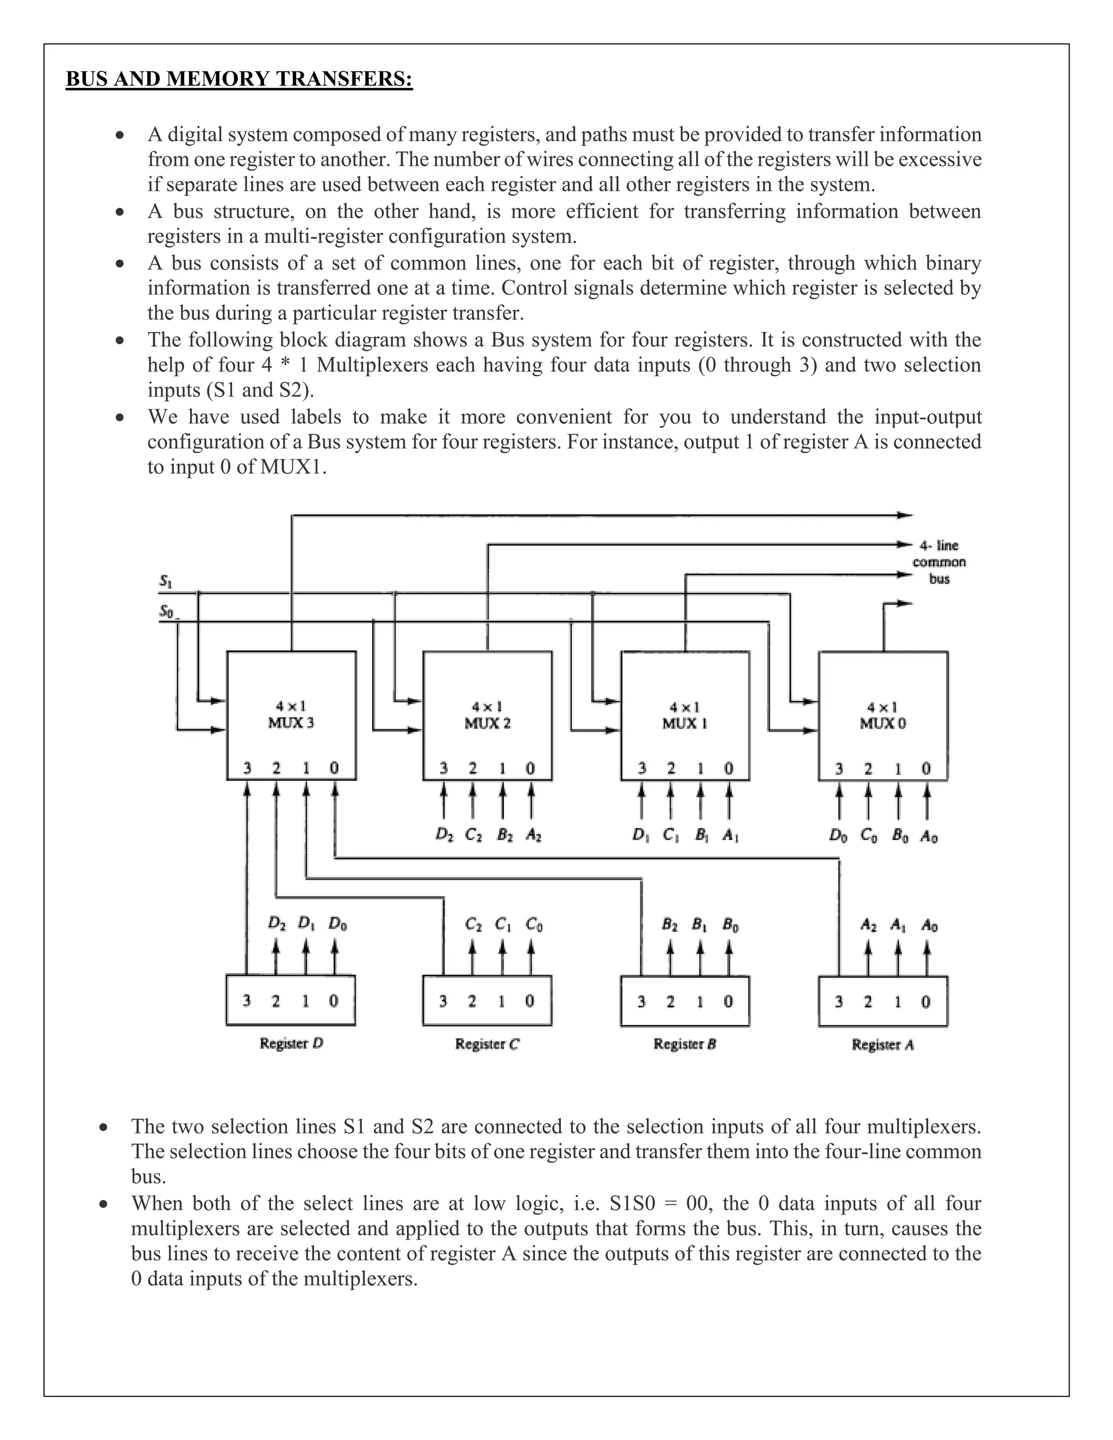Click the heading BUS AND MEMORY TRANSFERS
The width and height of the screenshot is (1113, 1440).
coord(239,79)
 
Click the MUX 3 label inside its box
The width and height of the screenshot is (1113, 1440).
coord(291,723)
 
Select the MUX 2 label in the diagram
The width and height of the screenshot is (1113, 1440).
coord(487,723)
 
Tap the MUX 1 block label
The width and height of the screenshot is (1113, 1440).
coord(685,723)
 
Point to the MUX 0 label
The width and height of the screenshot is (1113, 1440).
coord(883,723)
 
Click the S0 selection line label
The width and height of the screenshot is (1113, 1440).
coord(166,611)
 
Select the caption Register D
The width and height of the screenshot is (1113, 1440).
coord(291,1043)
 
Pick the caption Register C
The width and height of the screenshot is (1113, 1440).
coord(487,1044)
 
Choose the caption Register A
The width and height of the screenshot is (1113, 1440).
coord(883,1044)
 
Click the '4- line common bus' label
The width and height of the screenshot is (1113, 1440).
coord(939,562)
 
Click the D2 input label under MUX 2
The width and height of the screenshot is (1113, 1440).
coord(445,835)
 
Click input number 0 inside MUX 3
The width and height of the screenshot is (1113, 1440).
coord(334,768)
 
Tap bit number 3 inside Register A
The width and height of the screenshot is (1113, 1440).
coord(839,1001)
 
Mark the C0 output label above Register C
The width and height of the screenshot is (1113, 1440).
coord(534,925)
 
